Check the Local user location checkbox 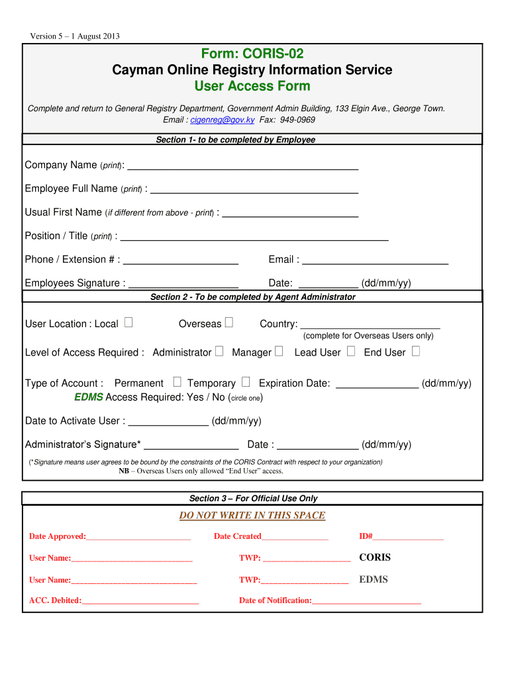pyautogui.click(x=128, y=323)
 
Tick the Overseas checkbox pyautogui.click(x=229, y=323)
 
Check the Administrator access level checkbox pyautogui.click(x=219, y=352)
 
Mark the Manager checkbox pyautogui.click(x=279, y=352)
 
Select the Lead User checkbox pyautogui.click(x=351, y=352)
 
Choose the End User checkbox pyautogui.click(x=415, y=352)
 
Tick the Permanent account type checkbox pyautogui.click(x=177, y=382)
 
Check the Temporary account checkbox pyautogui.click(x=246, y=382)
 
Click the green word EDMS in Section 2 pyautogui.click(x=89, y=397)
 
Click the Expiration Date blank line pyautogui.click(x=378, y=385)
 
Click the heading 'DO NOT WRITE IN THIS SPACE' pyautogui.click(x=252, y=516)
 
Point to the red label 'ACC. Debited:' pyautogui.click(x=56, y=601)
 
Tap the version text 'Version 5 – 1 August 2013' pyautogui.click(x=75, y=36)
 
